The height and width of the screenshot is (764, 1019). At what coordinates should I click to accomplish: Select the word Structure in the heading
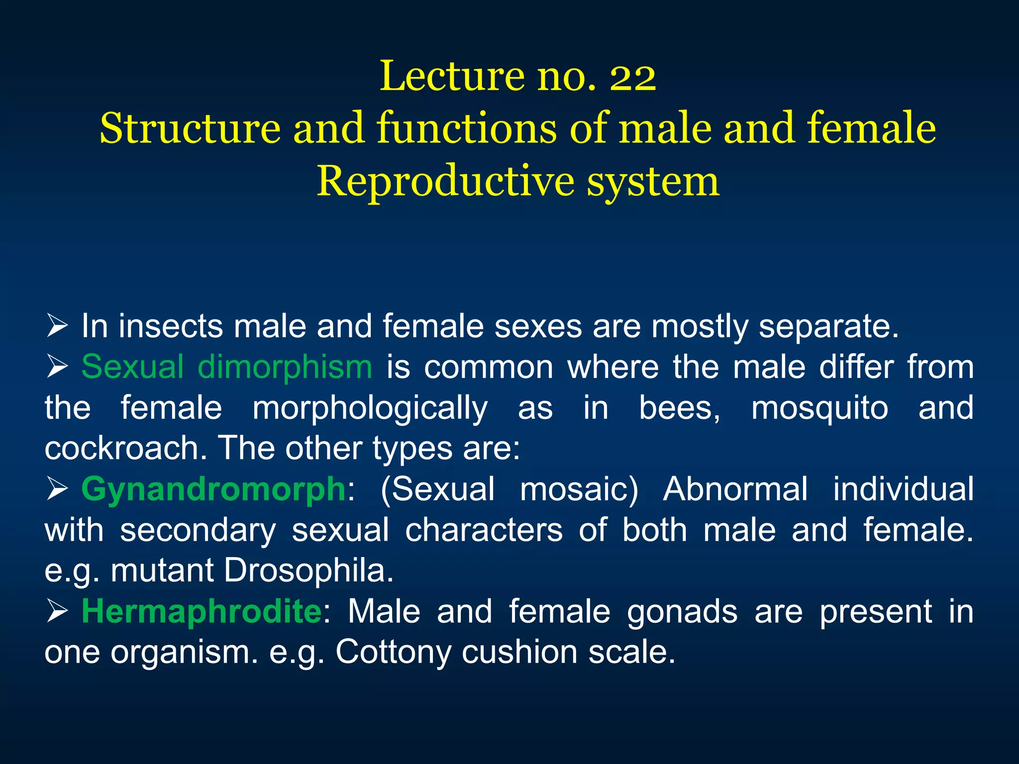pos(190,129)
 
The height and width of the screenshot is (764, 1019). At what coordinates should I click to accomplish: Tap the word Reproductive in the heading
pos(446,182)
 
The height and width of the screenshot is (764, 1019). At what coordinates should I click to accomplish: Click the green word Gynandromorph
pos(213,489)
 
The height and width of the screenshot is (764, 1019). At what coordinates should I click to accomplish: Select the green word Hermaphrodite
pos(202,611)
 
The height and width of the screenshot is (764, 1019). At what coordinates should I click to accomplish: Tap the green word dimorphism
pos(285,367)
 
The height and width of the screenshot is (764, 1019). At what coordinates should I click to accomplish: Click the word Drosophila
pos(308,570)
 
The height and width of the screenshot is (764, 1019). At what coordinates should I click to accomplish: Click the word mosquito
pos(819,408)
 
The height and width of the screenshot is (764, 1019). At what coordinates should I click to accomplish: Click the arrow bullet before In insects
pos(57,327)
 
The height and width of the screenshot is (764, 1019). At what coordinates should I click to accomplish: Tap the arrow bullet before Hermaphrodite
pos(57,611)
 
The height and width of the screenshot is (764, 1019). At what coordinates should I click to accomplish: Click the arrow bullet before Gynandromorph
pos(57,489)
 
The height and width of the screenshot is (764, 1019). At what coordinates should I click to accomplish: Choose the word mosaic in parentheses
pos(579,489)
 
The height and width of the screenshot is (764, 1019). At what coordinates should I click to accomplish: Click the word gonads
pos(682,612)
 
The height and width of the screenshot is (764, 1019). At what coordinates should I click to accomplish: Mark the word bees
pos(679,408)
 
